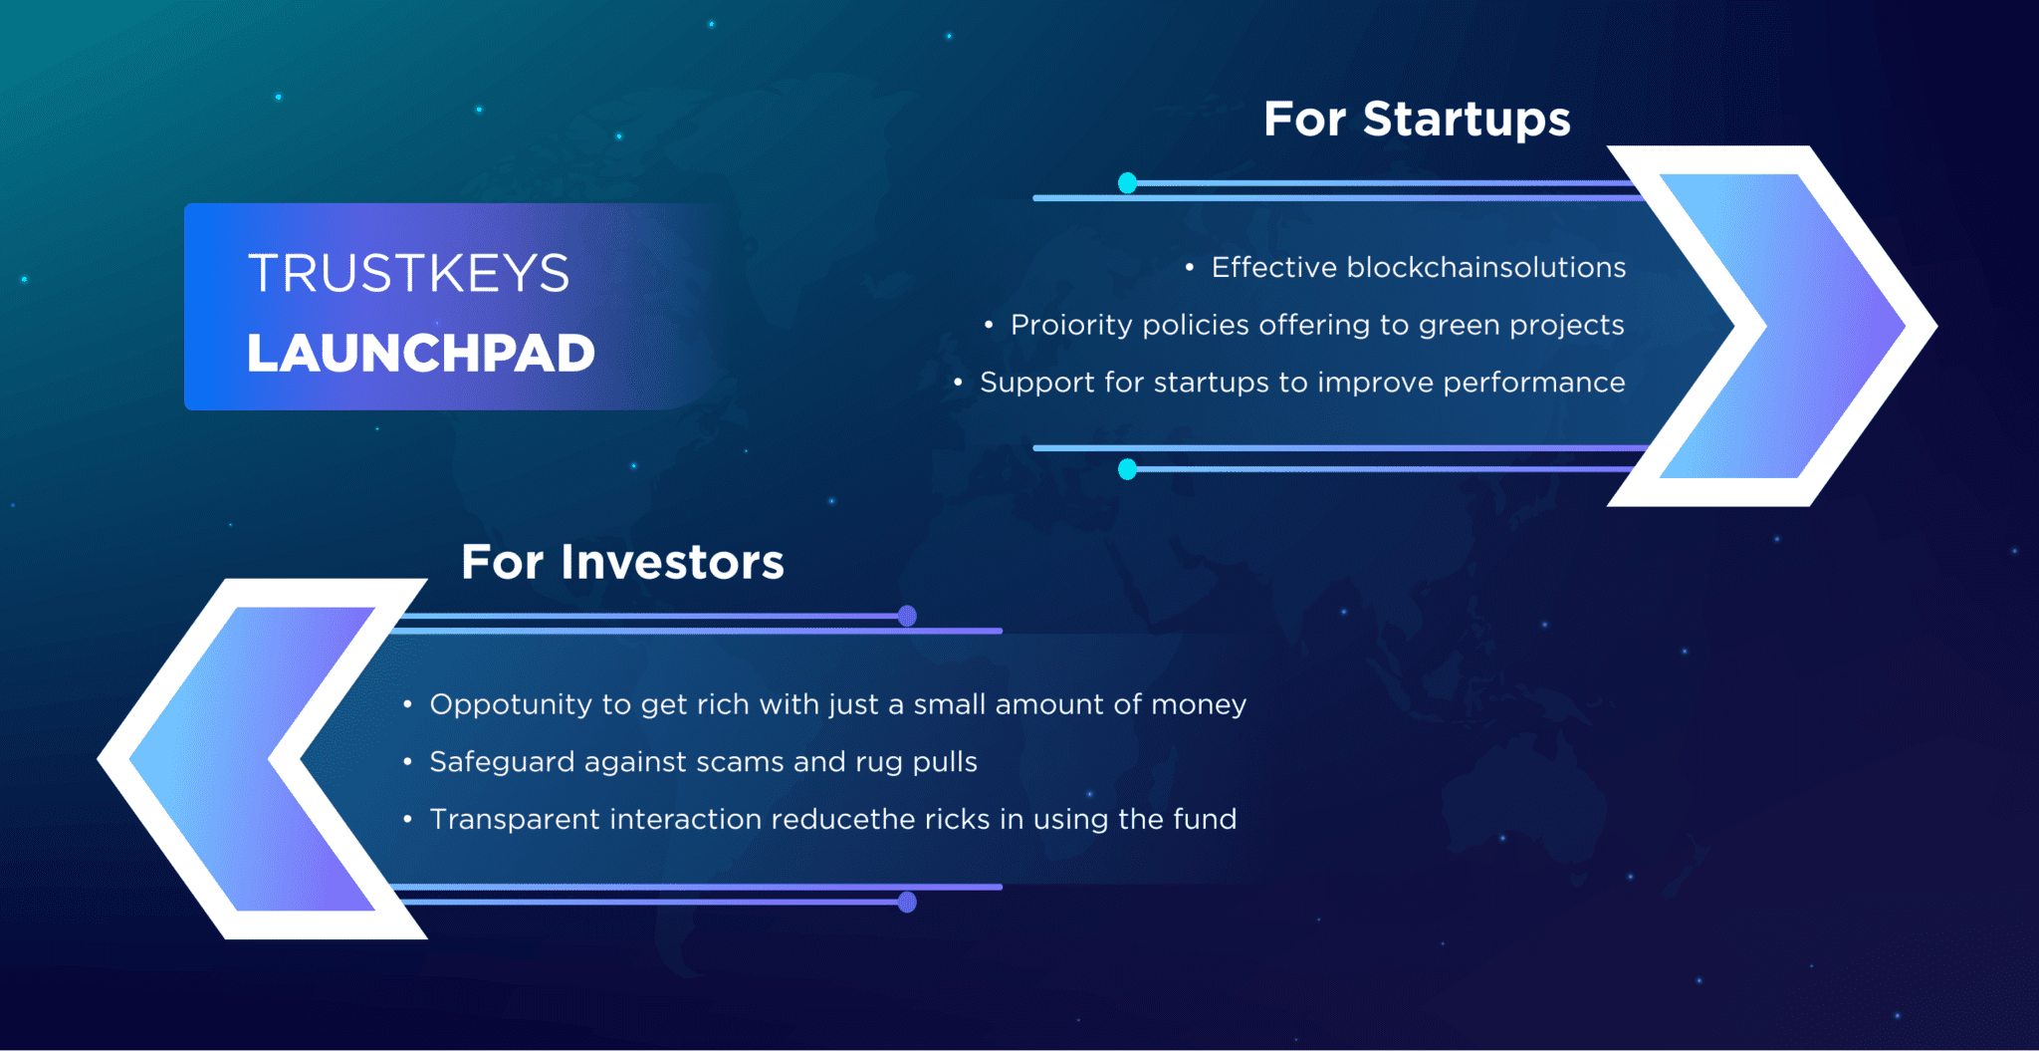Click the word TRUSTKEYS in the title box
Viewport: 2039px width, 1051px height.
(x=408, y=273)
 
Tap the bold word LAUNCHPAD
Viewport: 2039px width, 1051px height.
(x=420, y=354)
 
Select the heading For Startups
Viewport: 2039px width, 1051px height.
(x=1417, y=120)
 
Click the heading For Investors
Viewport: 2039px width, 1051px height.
(x=622, y=562)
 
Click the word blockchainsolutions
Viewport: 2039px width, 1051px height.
(x=1485, y=267)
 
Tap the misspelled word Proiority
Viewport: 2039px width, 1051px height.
(x=1071, y=325)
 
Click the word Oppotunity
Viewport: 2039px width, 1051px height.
(x=511, y=704)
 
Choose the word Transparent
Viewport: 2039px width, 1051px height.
(x=514, y=819)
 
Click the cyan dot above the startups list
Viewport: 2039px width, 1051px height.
(x=1127, y=183)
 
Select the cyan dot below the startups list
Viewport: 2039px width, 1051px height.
(x=1127, y=469)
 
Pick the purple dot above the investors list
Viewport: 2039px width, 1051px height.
(x=907, y=616)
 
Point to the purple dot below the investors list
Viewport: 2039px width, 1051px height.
(x=907, y=903)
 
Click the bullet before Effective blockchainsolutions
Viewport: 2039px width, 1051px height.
(x=1189, y=267)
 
